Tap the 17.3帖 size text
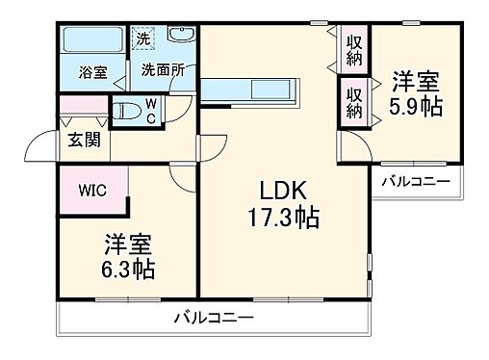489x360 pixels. pos(282,218)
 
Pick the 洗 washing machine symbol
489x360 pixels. pos(142,41)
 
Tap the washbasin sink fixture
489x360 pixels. pos(181,37)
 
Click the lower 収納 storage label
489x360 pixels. pos(353,101)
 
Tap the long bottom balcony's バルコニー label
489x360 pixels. pos(214,317)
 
